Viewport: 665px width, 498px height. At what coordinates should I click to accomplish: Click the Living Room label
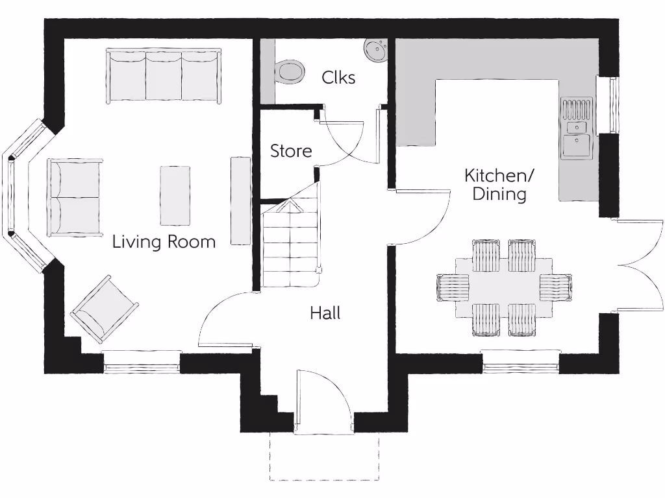(x=164, y=242)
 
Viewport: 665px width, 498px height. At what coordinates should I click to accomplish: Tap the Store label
(x=291, y=151)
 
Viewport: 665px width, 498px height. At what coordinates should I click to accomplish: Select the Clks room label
(x=338, y=78)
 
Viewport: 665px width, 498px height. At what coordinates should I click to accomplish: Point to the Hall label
(x=325, y=313)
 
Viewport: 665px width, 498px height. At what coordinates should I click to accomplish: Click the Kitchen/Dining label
(x=498, y=184)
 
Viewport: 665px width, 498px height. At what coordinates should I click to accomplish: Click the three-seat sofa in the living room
(x=164, y=75)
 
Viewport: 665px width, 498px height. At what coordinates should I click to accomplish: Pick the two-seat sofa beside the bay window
(x=75, y=197)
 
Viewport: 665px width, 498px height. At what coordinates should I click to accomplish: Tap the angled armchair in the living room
(x=104, y=309)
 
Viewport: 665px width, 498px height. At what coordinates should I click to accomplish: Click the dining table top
(x=504, y=287)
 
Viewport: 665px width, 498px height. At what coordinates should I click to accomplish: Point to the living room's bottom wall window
(x=142, y=362)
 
